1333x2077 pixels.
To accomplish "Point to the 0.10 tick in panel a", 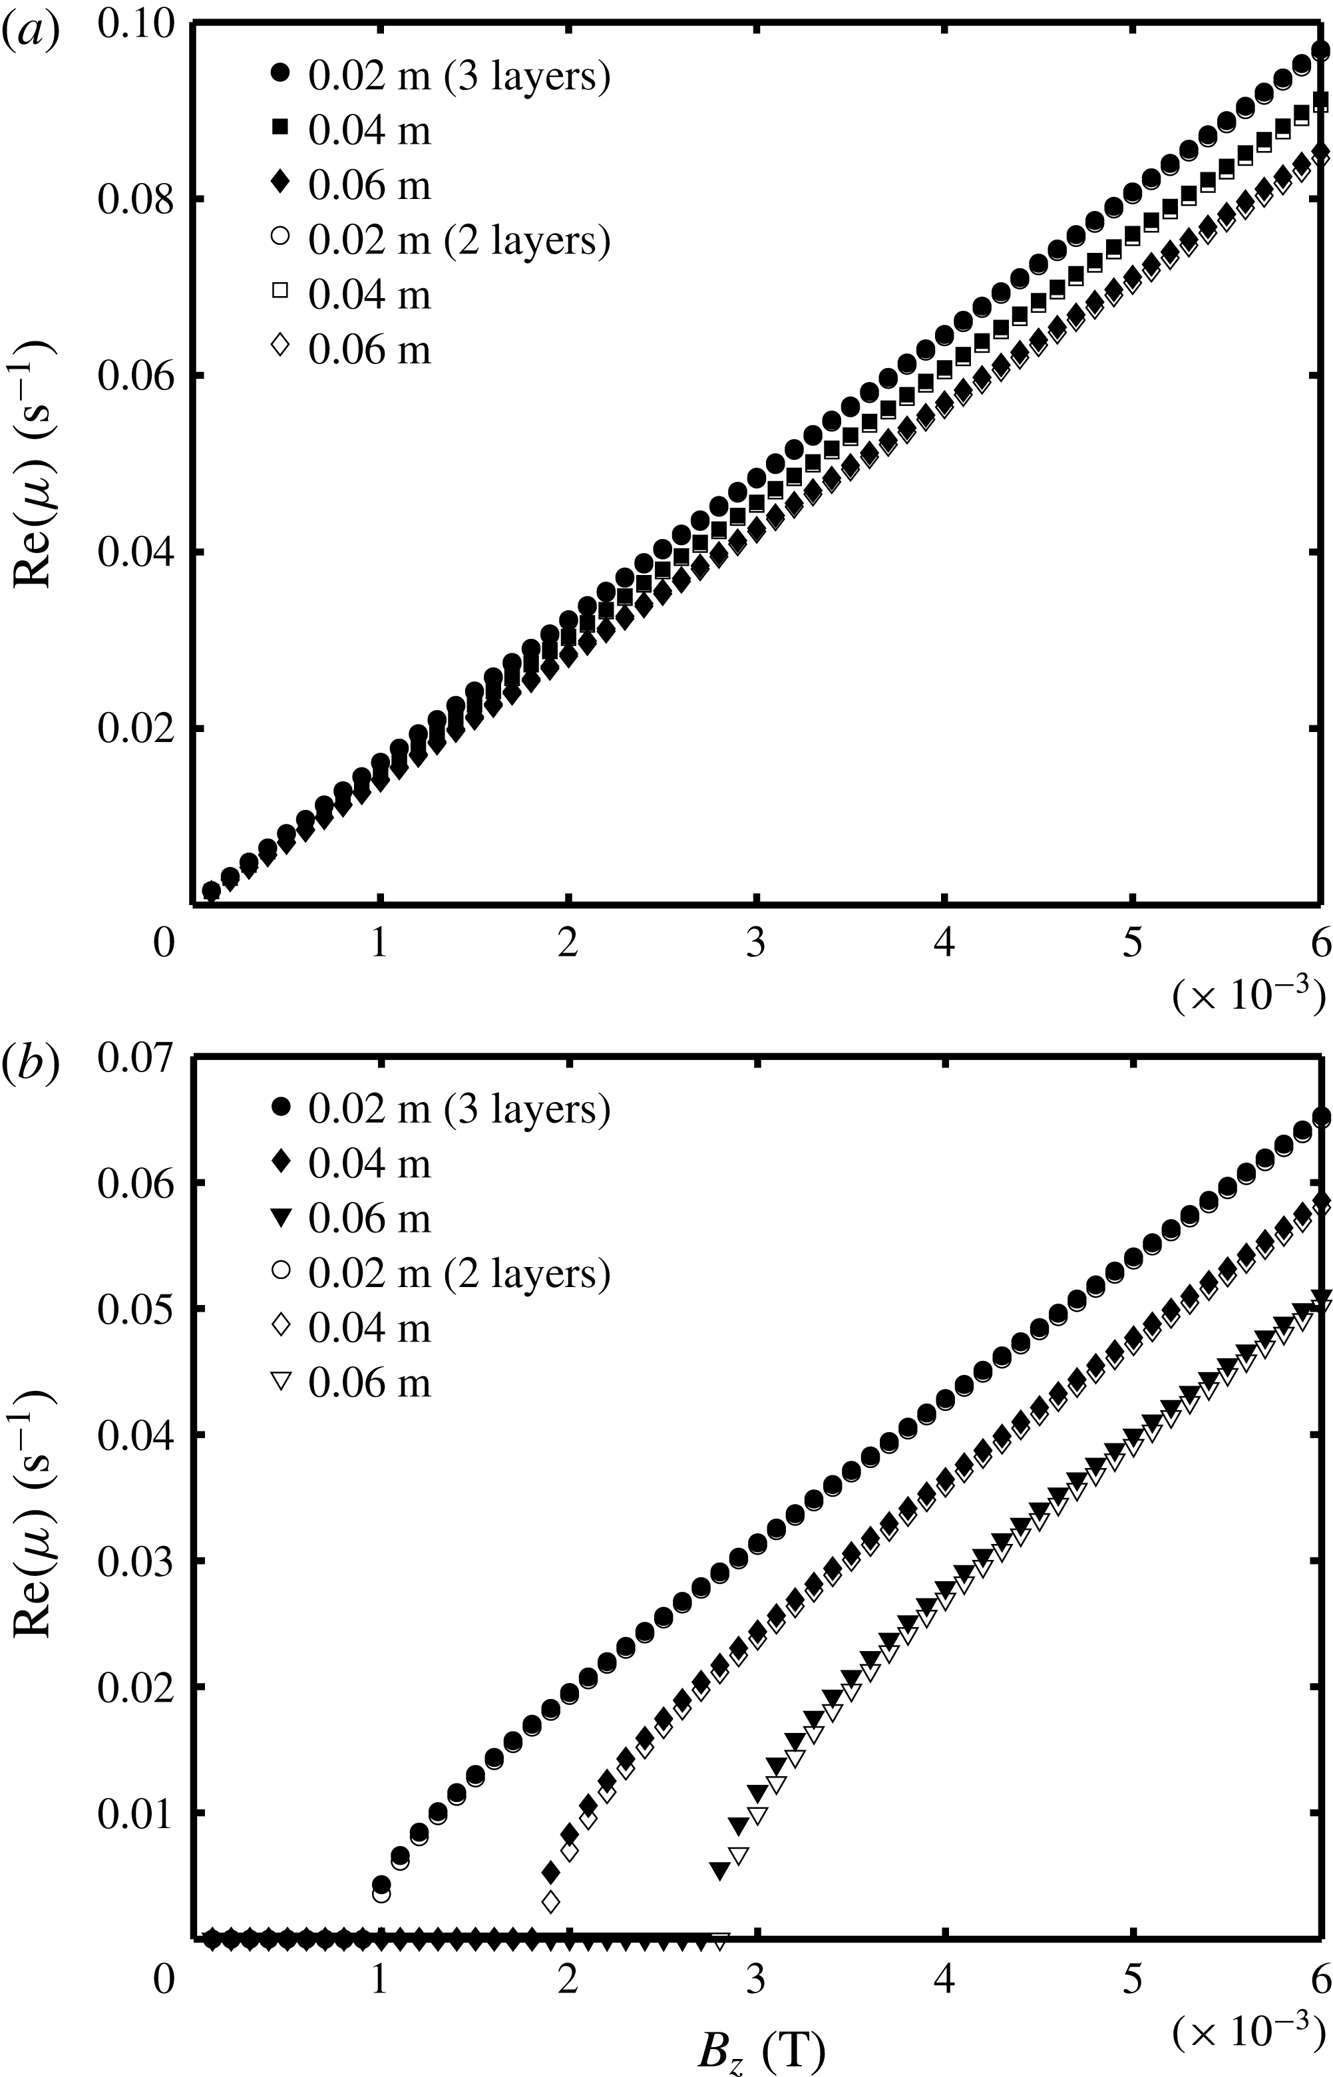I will click(137, 23).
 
